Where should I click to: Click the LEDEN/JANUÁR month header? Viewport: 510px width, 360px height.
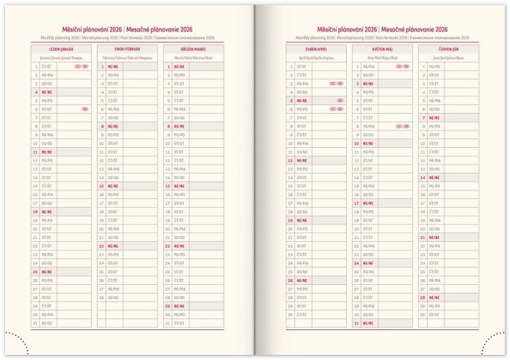tap(60, 49)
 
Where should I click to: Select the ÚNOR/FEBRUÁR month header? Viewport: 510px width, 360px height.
tap(127, 49)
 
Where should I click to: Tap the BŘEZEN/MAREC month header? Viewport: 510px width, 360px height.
tap(194, 49)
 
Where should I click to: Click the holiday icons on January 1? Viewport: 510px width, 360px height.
tap(81, 66)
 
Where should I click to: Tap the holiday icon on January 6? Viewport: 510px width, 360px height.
tap(85, 109)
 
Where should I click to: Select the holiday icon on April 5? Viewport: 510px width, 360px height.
tap(340, 101)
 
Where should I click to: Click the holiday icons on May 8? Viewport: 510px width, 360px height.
tap(402, 126)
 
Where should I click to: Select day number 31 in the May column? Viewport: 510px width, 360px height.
tap(356, 323)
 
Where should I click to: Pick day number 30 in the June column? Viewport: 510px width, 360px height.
tap(423, 314)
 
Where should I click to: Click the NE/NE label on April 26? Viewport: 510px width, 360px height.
tap(302, 280)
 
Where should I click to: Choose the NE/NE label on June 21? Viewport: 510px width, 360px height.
tap(434, 237)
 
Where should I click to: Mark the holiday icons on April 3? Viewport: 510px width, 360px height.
tap(336, 84)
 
